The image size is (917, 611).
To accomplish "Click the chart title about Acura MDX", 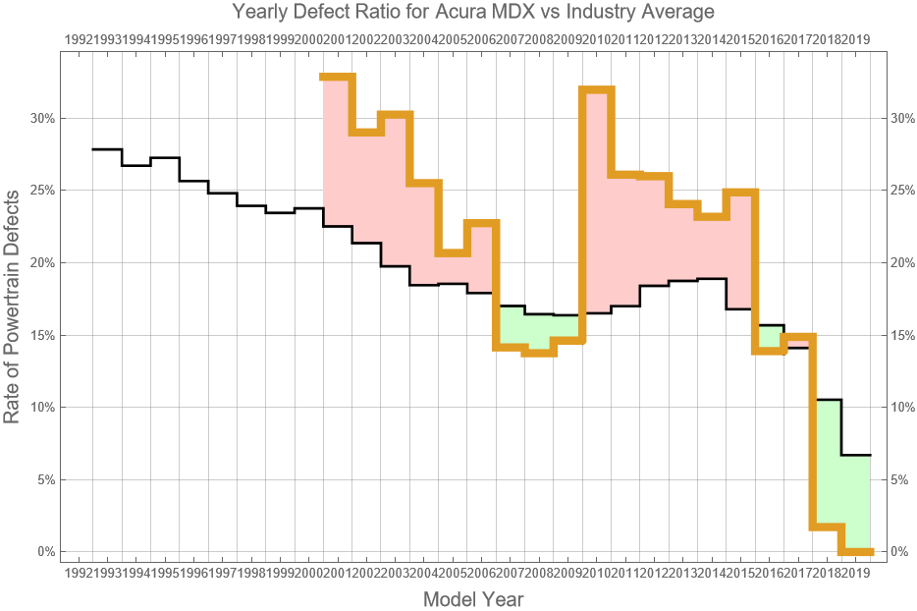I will point(473,12).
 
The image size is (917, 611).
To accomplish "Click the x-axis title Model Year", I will point(473,598).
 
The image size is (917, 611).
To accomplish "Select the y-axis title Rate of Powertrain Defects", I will point(12,306).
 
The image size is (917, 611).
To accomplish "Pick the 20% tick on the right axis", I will point(901,262).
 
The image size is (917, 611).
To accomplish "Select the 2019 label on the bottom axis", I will point(856,572).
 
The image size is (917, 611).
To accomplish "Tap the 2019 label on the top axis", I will point(856,39).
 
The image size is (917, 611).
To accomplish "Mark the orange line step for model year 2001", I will point(338,77).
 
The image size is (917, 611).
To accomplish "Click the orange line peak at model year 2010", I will point(597,89).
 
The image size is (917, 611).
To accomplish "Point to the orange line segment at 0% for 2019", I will point(856,551).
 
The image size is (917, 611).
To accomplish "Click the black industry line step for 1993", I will point(135,165).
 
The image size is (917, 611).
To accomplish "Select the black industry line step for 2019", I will point(856,455).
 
